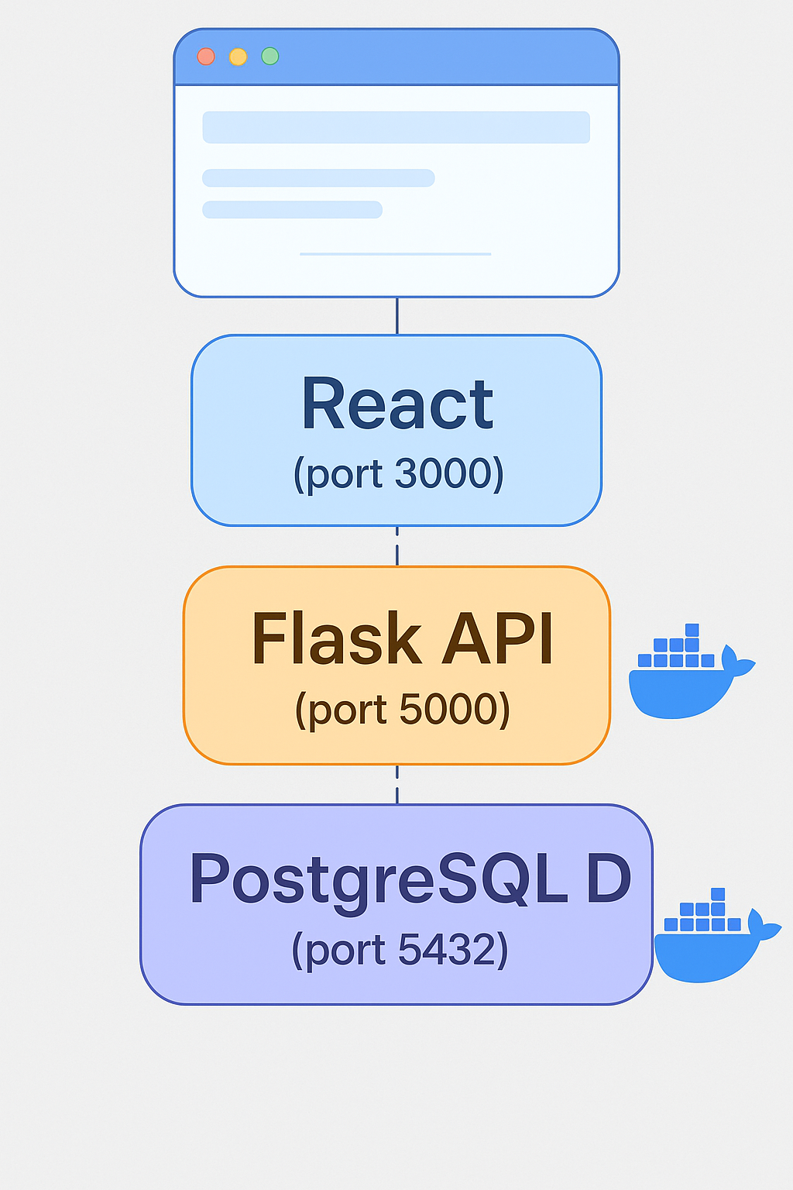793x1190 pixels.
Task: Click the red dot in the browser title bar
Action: point(206,57)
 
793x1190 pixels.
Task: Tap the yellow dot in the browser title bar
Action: point(238,57)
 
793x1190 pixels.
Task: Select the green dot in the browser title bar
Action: point(270,56)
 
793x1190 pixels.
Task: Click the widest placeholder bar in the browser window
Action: point(396,127)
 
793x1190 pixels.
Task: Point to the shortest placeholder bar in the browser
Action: point(292,209)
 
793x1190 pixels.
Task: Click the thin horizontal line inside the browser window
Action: point(395,253)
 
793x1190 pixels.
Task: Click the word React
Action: point(396,404)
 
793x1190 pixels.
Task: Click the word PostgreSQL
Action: point(379,879)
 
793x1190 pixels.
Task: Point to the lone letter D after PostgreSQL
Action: point(609,879)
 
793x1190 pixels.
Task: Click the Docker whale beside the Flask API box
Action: point(685,678)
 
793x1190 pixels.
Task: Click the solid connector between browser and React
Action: point(397,315)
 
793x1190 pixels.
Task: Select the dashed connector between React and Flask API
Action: point(397,546)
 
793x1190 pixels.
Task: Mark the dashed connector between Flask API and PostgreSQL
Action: point(397,784)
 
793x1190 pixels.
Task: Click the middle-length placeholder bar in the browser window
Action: point(318,178)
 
